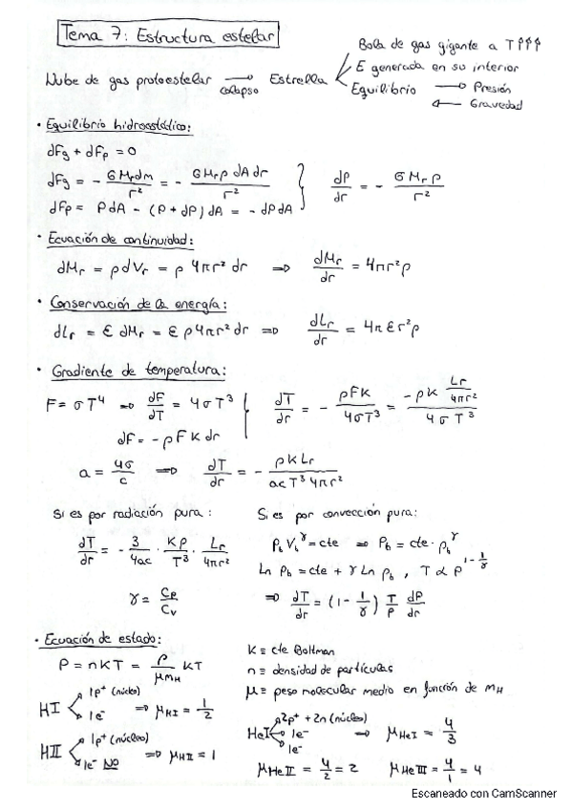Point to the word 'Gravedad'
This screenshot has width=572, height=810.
click(x=495, y=105)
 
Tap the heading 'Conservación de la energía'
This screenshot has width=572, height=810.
click(x=137, y=303)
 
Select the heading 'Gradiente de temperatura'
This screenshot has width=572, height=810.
click(x=136, y=369)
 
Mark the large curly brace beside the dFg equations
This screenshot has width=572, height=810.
click(x=304, y=184)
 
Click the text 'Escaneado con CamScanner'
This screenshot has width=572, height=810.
click(x=483, y=793)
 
